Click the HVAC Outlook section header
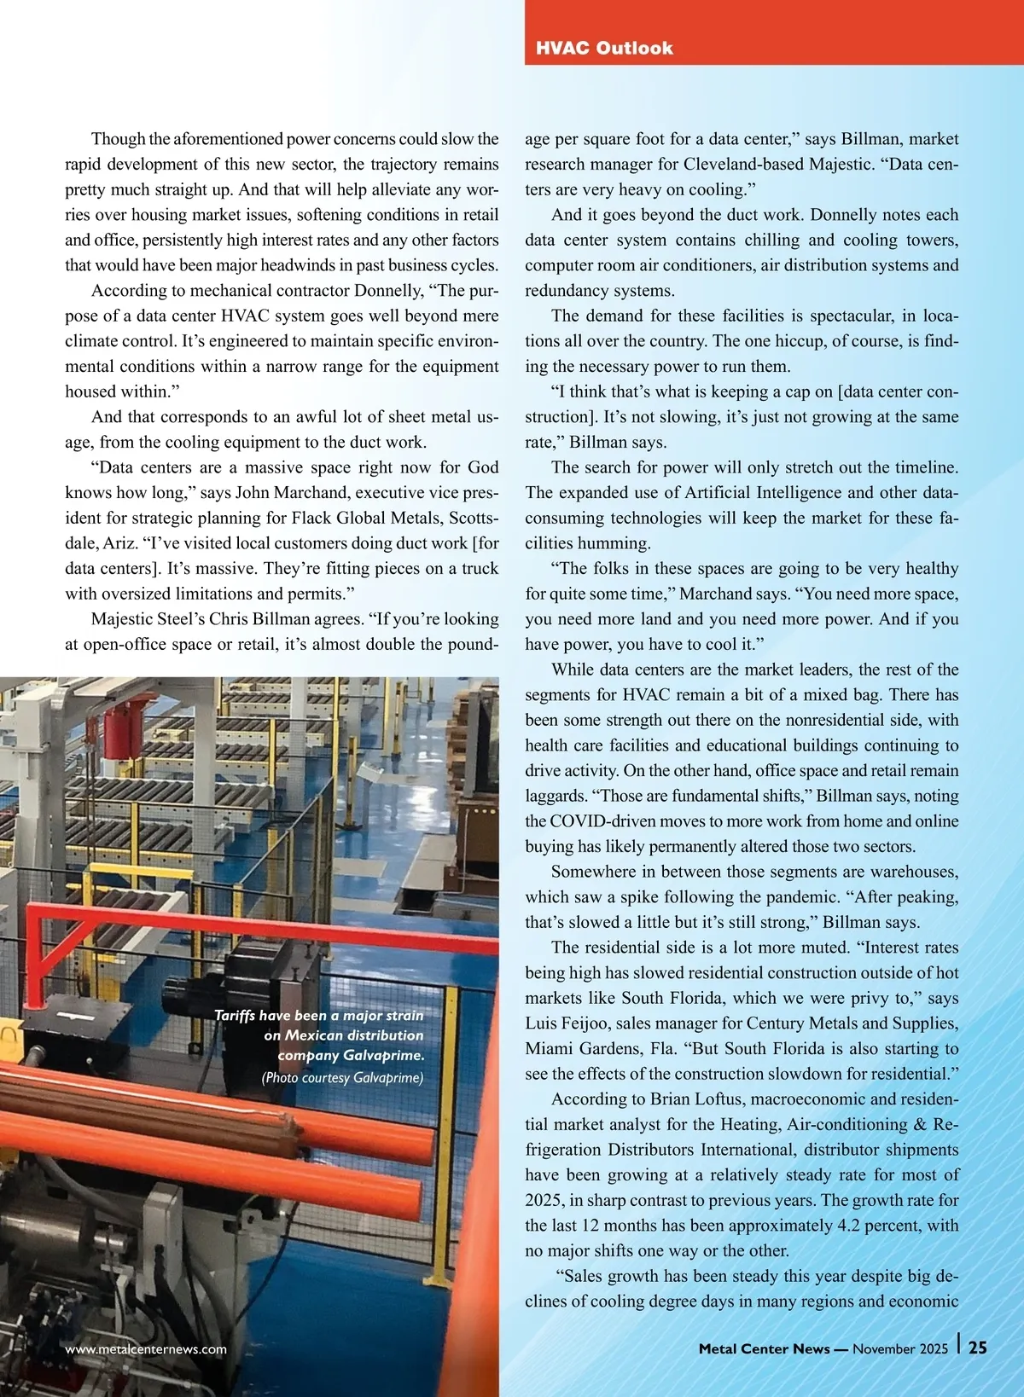click(604, 48)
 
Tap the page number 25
click(978, 1348)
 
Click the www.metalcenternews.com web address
click(146, 1348)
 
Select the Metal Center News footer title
click(764, 1348)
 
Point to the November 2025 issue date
click(900, 1348)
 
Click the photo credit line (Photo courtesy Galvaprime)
click(342, 1077)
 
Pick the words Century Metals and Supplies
click(839, 1023)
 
